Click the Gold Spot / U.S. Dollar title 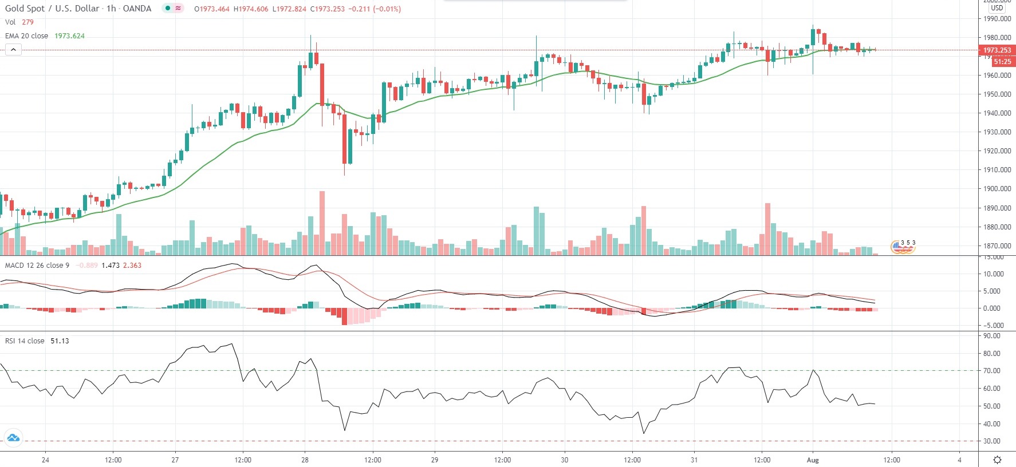[52, 9]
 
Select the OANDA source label [137, 9]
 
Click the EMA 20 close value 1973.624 [69, 36]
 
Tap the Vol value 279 [27, 22]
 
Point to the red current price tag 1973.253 [997, 50]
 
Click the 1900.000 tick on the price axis [997, 189]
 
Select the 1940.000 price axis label [997, 113]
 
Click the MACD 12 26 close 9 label [37, 266]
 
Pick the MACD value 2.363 [132, 266]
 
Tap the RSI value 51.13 [60, 341]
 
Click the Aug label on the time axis [813, 460]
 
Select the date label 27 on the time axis [175, 460]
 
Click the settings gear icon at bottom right [997, 460]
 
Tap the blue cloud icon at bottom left [13, 438]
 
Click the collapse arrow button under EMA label [13, 50]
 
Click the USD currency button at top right [997, 8]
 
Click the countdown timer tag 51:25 [1002, 61]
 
